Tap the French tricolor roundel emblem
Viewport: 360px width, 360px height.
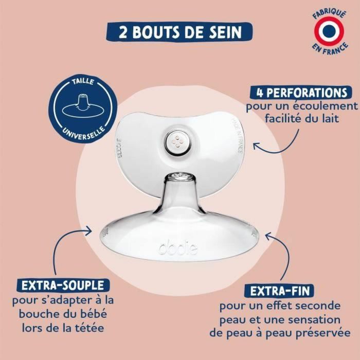click(x=330, y=31)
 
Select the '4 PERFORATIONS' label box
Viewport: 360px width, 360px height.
click(x=298, y=93)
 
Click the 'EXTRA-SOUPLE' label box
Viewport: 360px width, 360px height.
click(x=63, y=285)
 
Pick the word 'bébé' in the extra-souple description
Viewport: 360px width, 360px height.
click(x=92, y=313)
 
